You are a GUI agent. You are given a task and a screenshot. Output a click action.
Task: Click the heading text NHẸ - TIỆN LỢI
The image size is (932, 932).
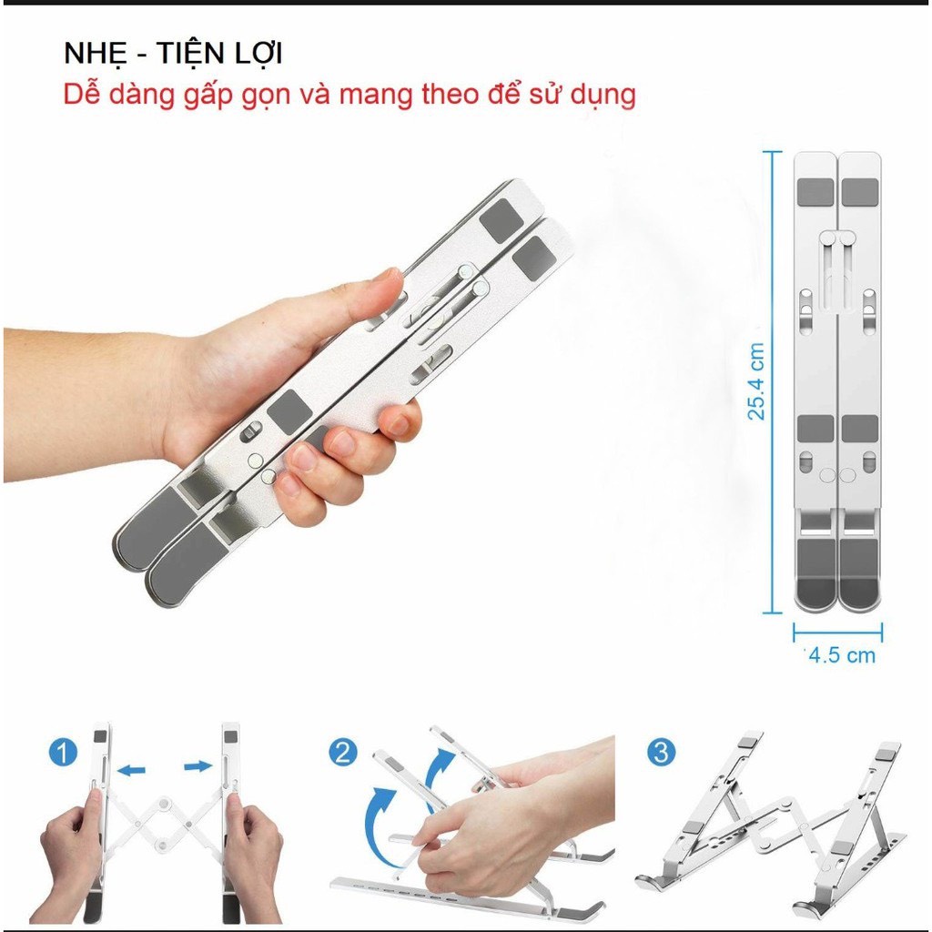(x=173, y=54)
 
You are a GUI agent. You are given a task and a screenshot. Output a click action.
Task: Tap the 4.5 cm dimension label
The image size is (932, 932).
(x=842, y=655)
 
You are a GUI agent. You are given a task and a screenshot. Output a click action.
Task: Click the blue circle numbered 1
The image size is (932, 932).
(x=61, y=753)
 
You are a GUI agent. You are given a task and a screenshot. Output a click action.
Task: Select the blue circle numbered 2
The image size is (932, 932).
(x=343, y=753)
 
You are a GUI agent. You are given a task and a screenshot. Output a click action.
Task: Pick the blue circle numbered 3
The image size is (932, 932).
(x=662, y=753)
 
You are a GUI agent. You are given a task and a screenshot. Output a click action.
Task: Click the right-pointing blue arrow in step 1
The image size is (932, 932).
(x=197, y=767)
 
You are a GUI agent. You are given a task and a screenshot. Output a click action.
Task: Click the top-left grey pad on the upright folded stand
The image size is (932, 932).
(x=815, y=192)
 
